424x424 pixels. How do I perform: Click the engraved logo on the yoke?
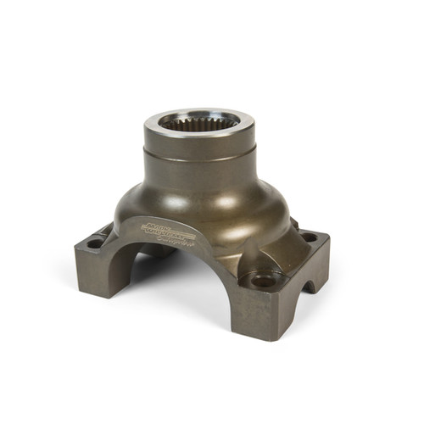[x=169, y=231]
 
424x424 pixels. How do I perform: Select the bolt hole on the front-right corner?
[x=264, y=279]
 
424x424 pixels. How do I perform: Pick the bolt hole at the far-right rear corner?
[x=309, y=238]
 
